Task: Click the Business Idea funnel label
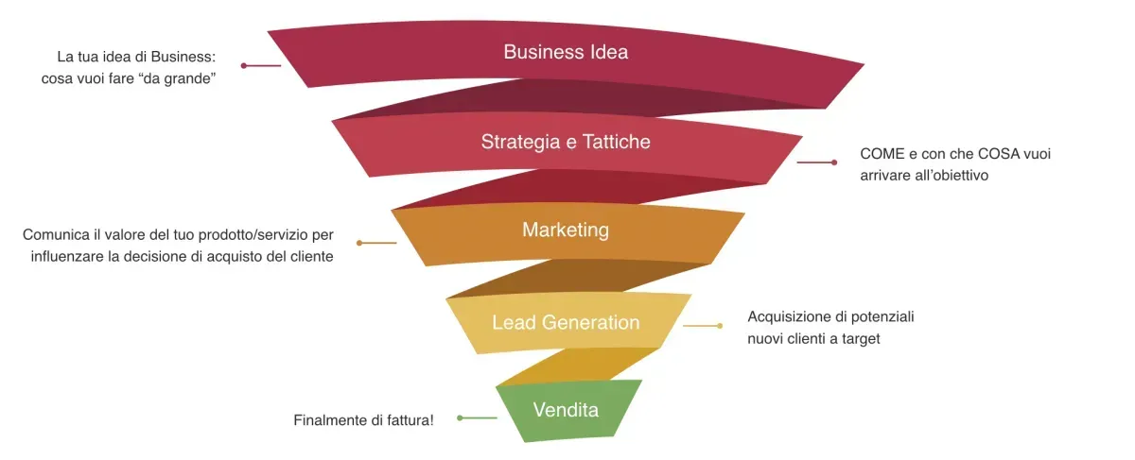[566, 52]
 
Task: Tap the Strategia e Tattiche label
[566, 142]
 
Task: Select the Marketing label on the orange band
[566, 230]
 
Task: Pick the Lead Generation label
[566, 322]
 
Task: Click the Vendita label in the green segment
[566, 410]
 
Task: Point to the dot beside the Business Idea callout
[244, 66]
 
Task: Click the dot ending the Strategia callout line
[834, 162]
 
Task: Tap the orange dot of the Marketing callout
[359, 243]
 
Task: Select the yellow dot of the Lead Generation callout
[720, 326]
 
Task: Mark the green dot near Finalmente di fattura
[460, 418]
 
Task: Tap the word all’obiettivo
[952, 176]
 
